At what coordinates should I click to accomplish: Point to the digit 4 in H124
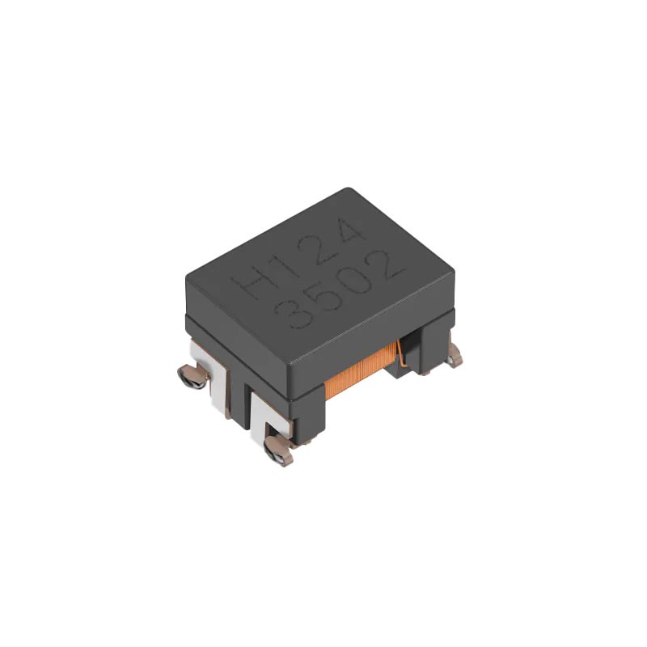pyautogui.click(x=354, y=234)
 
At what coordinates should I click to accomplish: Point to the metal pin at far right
pyautogui.click(x=455, y=352)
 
